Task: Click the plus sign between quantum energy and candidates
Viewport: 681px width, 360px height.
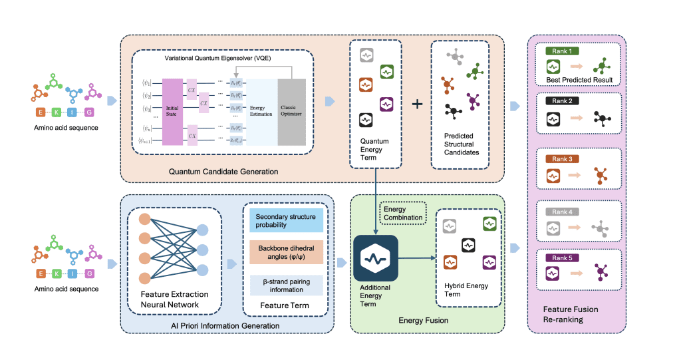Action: point(418,104)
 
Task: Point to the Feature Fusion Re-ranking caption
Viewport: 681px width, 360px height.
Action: point(570,313)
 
